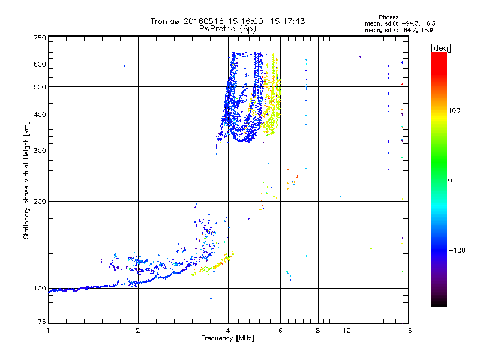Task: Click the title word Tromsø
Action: click(164, 21)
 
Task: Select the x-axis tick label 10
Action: click(346, 331)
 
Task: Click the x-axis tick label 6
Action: click(280, 331)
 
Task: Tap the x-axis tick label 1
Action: click(48, 331)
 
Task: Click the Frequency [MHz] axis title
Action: click(227, 338)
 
